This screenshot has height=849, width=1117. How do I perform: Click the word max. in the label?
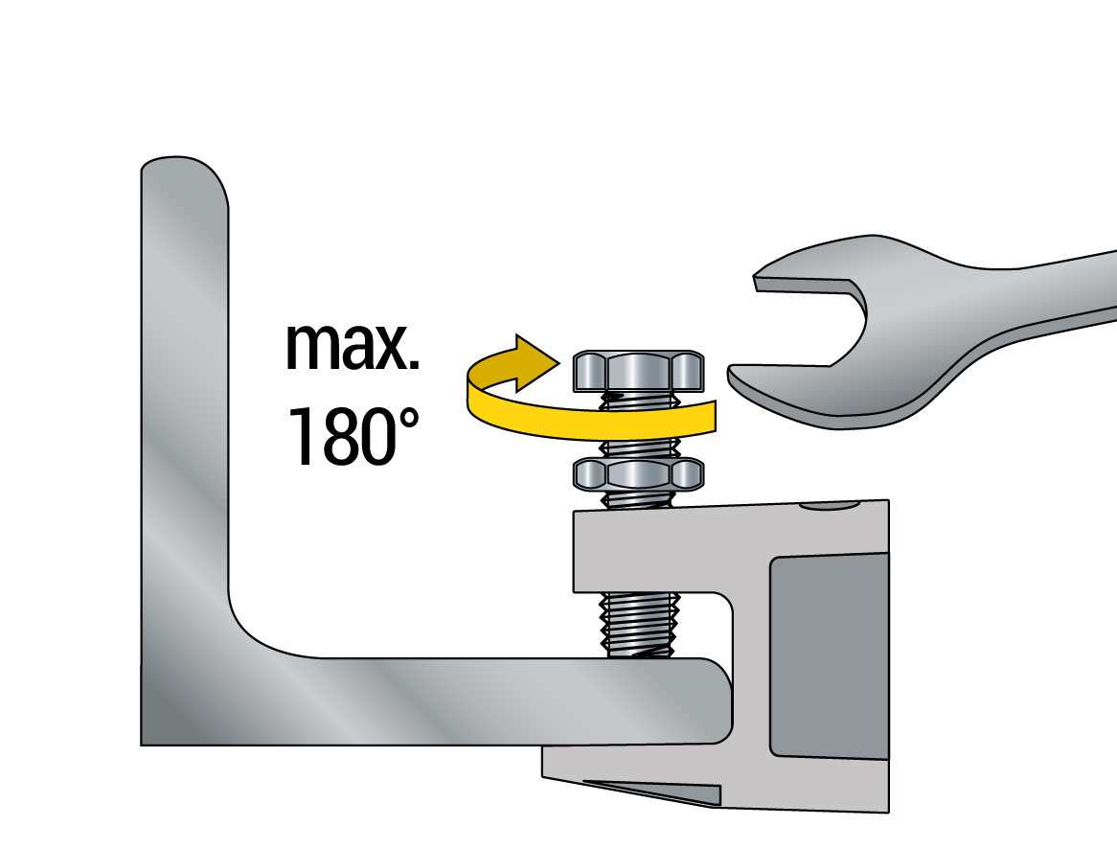tap(352, 347)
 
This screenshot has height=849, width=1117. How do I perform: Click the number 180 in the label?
tap(341, 436)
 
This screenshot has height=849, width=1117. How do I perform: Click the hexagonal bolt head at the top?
tap(638, 371)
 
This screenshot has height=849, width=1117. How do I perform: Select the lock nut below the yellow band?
tap(638, 474)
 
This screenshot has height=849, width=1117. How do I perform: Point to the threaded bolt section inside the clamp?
tap(640, 624)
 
